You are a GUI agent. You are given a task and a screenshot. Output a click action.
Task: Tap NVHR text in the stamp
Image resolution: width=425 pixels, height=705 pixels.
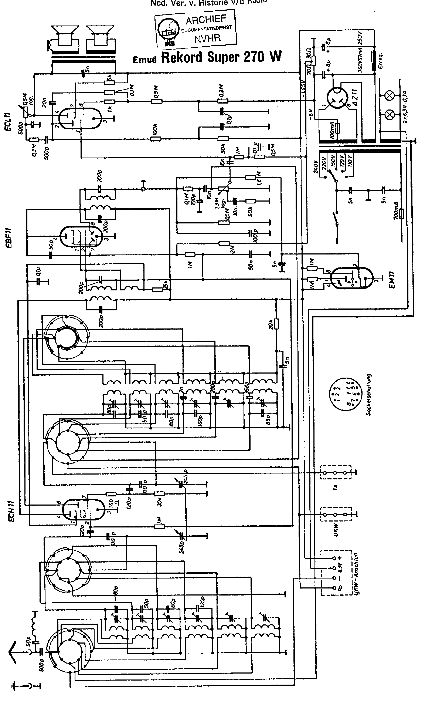point(208,38)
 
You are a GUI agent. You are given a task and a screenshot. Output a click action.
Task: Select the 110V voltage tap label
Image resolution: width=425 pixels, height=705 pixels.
point(350,161)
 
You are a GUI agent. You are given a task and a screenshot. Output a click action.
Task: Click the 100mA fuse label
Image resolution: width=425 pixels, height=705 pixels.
point(332,131)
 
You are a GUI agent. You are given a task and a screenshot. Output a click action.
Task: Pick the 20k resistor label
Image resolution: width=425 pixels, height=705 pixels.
point(270,324)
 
